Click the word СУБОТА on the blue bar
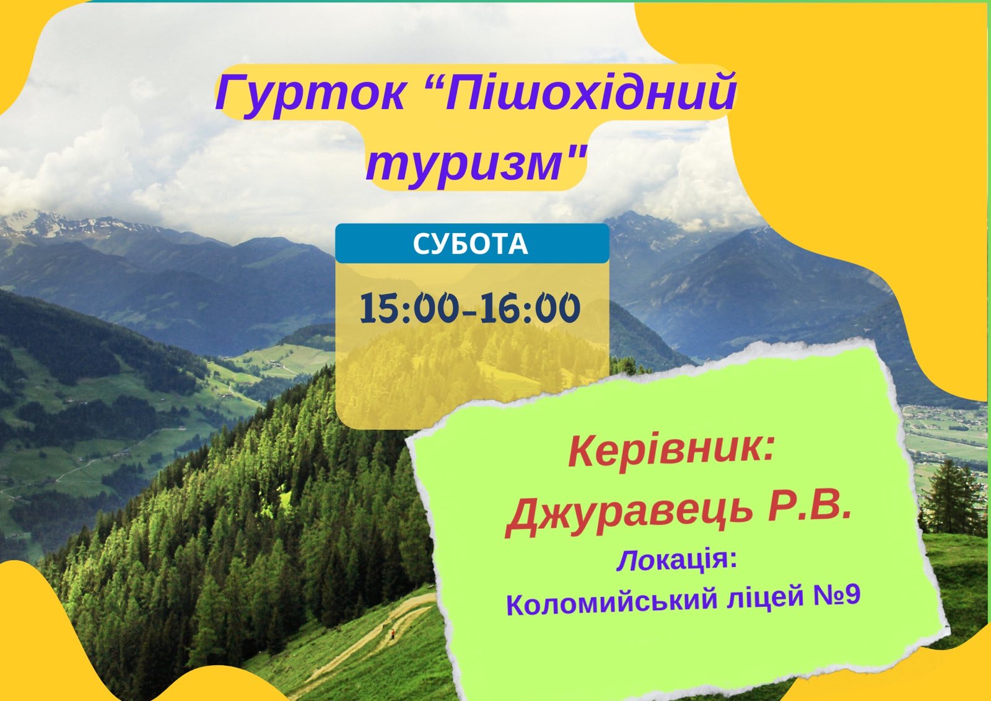pyautogui.click(x=471, y=244)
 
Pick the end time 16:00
pyautogui.click(x=530, y=307)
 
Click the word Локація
pyautogui.click(x=673, y=561)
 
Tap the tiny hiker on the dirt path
pyautogui.click(x=393, y=633)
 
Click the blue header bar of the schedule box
pyautogui.click(x=472, y=244)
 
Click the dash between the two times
pyautogui.click(x=469, y=313)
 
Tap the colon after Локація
pyautogui.click(x=733, y=560)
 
